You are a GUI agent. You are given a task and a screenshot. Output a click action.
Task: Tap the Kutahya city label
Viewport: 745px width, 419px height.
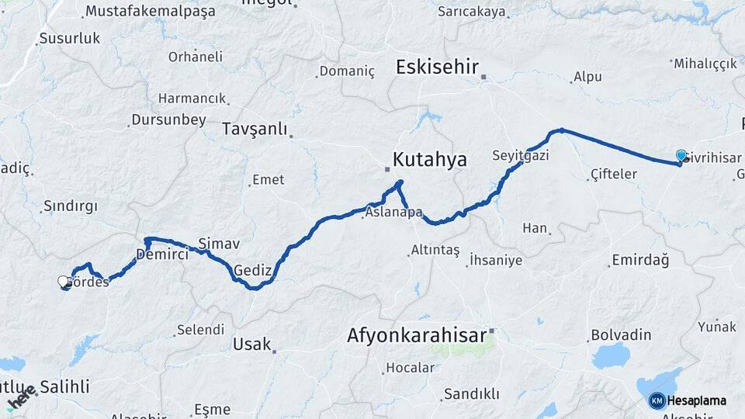[430, 160]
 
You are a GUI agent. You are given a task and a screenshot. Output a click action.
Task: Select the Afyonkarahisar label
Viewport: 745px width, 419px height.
[416, 336]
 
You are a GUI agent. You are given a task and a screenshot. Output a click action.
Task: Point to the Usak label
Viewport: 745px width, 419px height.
[252, 344]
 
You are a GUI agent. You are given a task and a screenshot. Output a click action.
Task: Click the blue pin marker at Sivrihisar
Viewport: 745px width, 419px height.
[681, 156]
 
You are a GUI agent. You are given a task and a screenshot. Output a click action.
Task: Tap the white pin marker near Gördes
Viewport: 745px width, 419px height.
[64, 282]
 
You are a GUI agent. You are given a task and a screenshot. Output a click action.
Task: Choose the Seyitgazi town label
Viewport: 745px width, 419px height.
[520, 155]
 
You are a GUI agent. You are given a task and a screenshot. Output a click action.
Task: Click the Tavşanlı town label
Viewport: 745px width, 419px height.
[255, 129]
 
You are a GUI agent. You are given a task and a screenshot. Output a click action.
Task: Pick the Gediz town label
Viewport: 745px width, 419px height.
[252, 270]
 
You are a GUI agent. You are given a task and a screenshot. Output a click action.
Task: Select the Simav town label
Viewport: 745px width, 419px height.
[213, 243]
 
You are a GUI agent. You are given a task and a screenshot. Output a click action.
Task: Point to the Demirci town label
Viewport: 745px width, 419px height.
[162, 254]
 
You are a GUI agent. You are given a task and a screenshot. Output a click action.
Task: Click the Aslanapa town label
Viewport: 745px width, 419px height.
[393, 212]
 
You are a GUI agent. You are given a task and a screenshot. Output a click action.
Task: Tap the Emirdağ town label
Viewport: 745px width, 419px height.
[640, 260]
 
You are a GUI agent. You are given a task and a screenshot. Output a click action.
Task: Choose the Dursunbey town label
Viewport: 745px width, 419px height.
[168, 119]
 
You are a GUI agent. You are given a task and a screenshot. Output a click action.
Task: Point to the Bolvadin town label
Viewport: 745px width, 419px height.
[621, 334]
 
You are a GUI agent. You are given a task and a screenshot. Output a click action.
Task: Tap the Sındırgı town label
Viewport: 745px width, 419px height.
[71, 206]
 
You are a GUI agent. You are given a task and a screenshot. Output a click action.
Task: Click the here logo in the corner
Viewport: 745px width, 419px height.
[21, 397]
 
